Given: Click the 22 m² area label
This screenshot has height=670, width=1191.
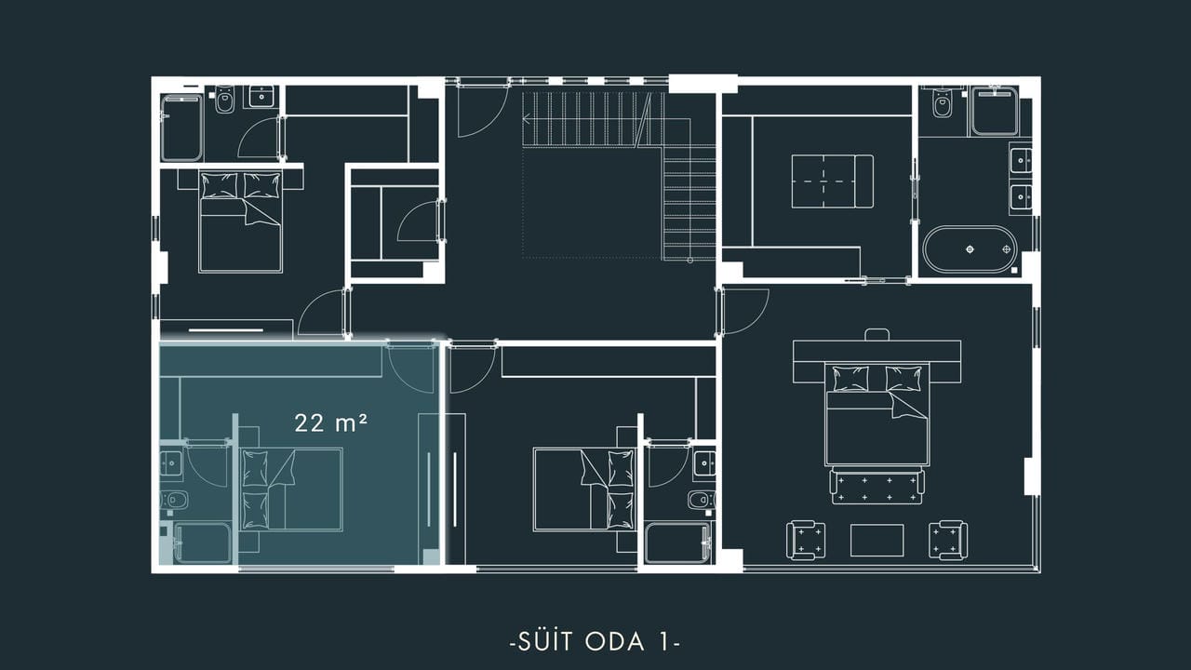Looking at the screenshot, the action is coord(330,423).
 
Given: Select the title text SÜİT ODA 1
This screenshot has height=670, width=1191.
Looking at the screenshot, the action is coord(595,642).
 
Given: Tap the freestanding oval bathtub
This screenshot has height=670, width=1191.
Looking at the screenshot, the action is coord(970,249).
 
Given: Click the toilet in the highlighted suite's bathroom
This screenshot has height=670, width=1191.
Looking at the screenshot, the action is coord(174,500).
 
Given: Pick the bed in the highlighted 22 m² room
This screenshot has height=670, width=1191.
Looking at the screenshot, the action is coord(291,489).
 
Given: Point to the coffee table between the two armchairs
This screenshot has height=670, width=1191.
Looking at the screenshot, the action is coord(877,541).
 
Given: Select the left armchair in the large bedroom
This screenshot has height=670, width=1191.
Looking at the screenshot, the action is coord(806,541).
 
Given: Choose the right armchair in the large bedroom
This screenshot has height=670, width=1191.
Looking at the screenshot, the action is coord(948,541).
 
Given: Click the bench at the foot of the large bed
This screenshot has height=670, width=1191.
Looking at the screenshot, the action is coord(877,487).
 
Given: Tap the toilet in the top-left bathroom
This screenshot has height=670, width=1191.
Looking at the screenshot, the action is coord(225,100).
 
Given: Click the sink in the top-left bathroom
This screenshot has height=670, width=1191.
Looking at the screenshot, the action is coord(261,96).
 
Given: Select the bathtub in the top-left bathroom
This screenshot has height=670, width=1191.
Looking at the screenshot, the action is coord(181,127).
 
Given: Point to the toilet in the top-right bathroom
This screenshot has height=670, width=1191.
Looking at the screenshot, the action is coord(943,103).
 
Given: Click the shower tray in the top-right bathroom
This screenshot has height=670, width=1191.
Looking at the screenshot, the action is coord(995,111).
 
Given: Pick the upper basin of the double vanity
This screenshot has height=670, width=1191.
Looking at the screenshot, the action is coord(1021,159).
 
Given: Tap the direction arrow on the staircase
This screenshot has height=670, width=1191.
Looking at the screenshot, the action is coord(527,118).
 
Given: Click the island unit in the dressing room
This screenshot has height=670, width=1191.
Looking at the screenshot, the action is coord(833,181).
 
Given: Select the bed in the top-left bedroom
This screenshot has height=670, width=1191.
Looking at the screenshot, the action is coord(240,221).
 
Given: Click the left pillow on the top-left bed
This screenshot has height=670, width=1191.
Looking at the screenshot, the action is coord(219,185).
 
